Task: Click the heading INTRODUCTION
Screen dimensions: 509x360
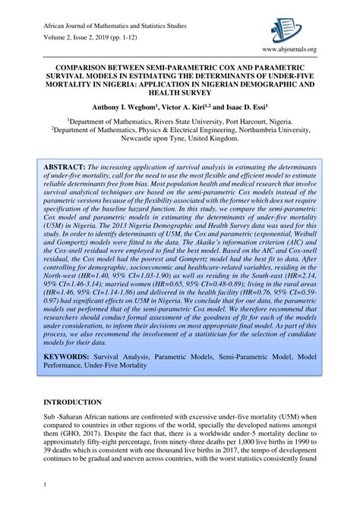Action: pos(74,401)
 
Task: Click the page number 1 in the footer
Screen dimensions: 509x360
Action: pos(46,484)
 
